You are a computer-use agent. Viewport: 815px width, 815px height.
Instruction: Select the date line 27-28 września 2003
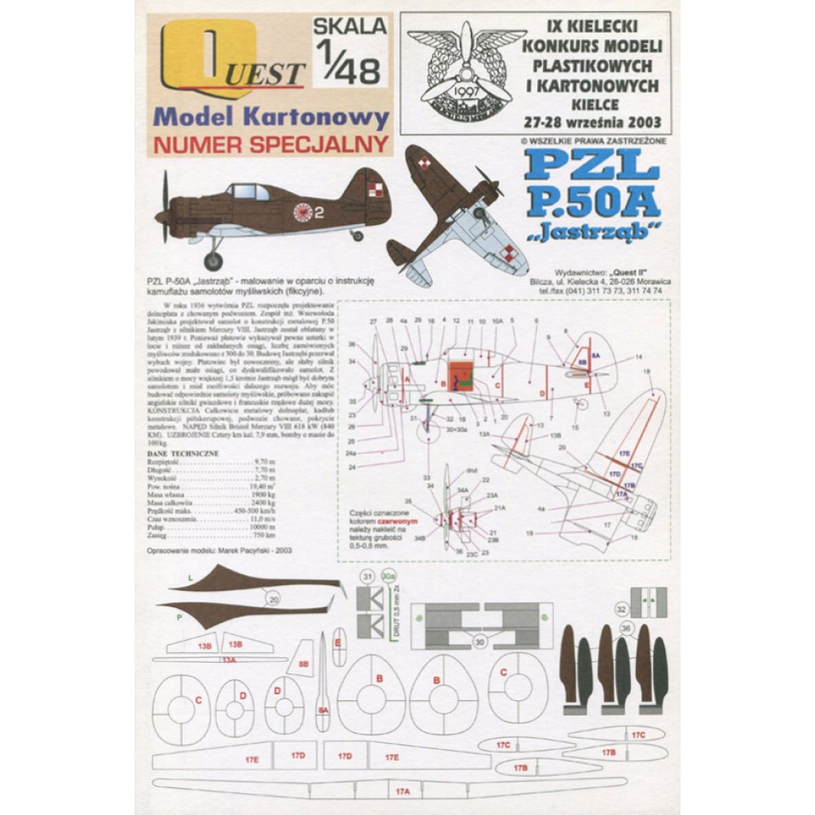[596, 123]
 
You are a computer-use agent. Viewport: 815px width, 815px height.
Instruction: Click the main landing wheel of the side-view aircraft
[214, 261]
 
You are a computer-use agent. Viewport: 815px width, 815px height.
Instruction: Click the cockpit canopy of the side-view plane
[243, 192]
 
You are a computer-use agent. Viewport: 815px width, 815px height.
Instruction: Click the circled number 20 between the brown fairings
[273, 600]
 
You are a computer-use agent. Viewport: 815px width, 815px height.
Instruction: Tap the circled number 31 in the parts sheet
[367, 577]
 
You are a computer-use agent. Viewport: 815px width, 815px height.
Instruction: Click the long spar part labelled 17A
[402, 791]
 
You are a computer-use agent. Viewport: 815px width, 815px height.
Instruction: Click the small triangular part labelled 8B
[303, 664]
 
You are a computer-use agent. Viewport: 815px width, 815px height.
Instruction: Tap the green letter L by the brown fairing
[189, 577]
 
